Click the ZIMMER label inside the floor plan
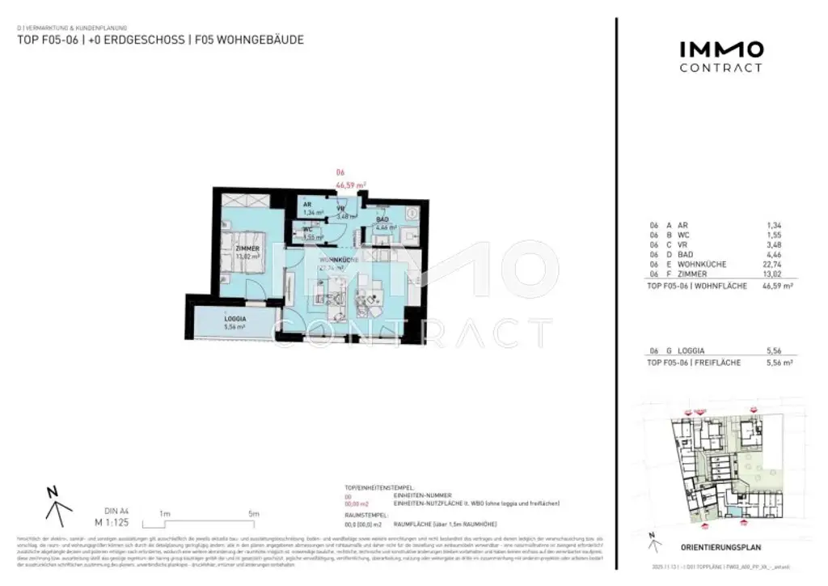click(247, 248)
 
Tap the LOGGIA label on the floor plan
click(235, 319)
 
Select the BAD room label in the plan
click(383, 219)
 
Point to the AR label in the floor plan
click(308, 204)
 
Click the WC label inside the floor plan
click(308, 230)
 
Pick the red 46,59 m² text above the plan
click(351, 185)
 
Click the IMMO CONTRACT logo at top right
click(720, 56)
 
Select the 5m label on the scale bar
click(253, 513)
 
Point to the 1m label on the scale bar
click(164, 513)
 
